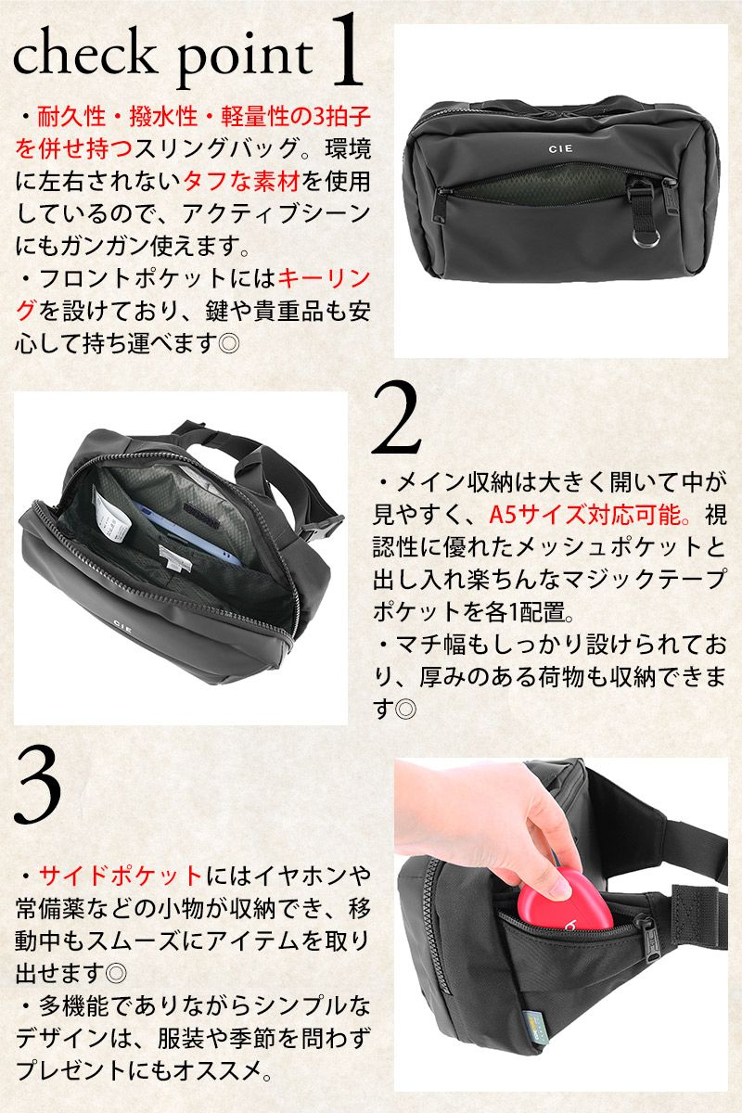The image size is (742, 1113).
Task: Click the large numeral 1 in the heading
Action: [346, 50]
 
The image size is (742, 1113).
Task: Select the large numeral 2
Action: [396, 418]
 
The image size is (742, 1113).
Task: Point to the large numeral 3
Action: [38, 784]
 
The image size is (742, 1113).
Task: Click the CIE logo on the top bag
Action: [560, 148]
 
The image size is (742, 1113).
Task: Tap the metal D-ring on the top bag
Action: [646, 238]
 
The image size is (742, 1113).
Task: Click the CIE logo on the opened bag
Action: [122, 624]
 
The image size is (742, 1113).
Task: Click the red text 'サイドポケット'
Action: [120, 876]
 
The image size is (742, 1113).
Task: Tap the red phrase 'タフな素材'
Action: [242, 182]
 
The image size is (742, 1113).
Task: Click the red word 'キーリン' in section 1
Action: [324, 279]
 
